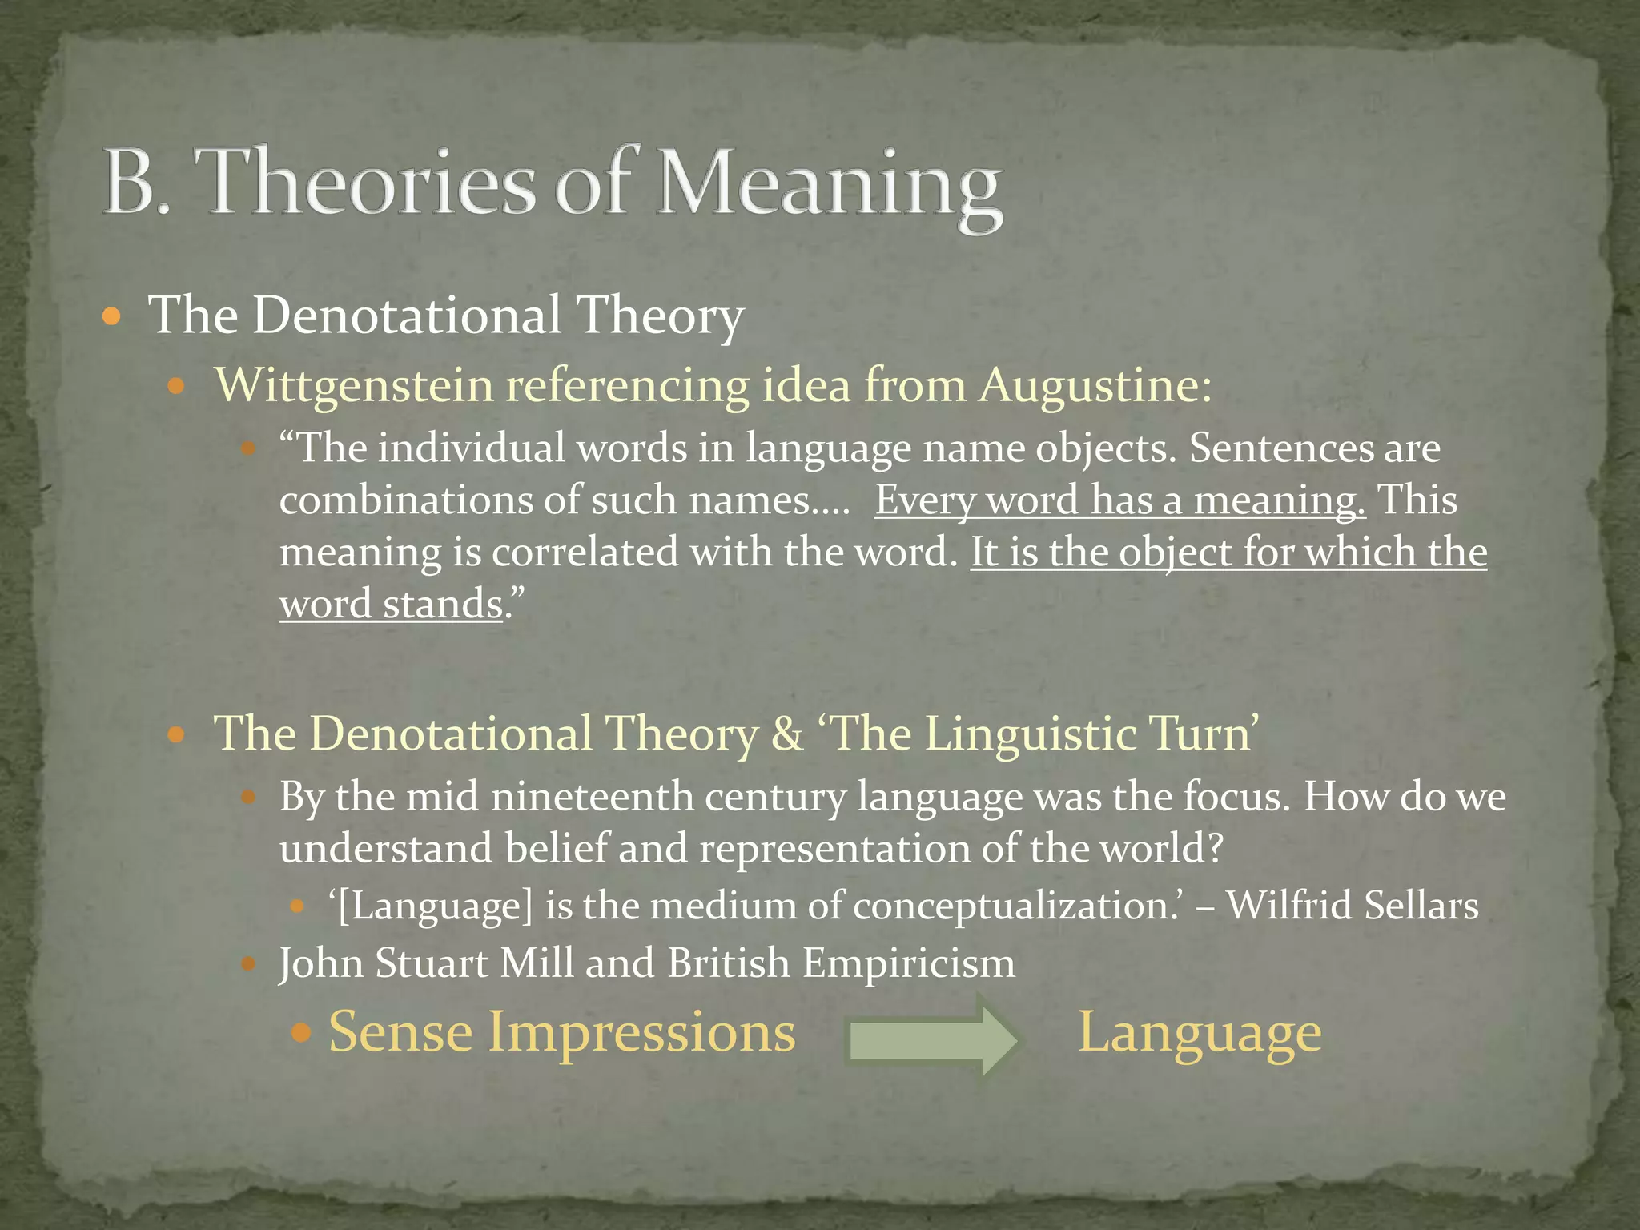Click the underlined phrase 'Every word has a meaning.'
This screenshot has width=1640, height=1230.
click(x=1119, y=501)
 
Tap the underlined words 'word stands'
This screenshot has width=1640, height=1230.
click(x=391, y=605)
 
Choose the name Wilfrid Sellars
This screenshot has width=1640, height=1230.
click(x=1353, y=906)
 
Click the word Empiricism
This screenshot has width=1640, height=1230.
click(x=909, y=963)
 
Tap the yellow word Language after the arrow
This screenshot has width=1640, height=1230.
click(x=1200, y=1034)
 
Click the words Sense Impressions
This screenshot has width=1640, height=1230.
click(x=562, y=1032)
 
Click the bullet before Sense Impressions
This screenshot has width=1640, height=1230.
click(x=301, y=1033)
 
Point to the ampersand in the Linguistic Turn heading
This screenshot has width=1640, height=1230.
click(x=787, y=734)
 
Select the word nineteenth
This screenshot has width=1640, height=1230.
click(x=593, y=798)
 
